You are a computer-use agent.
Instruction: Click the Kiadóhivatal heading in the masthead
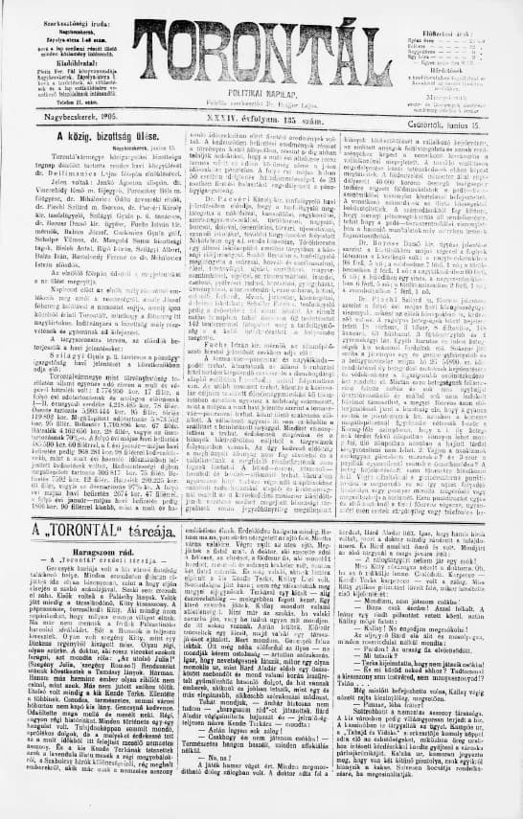coord(64,50)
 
